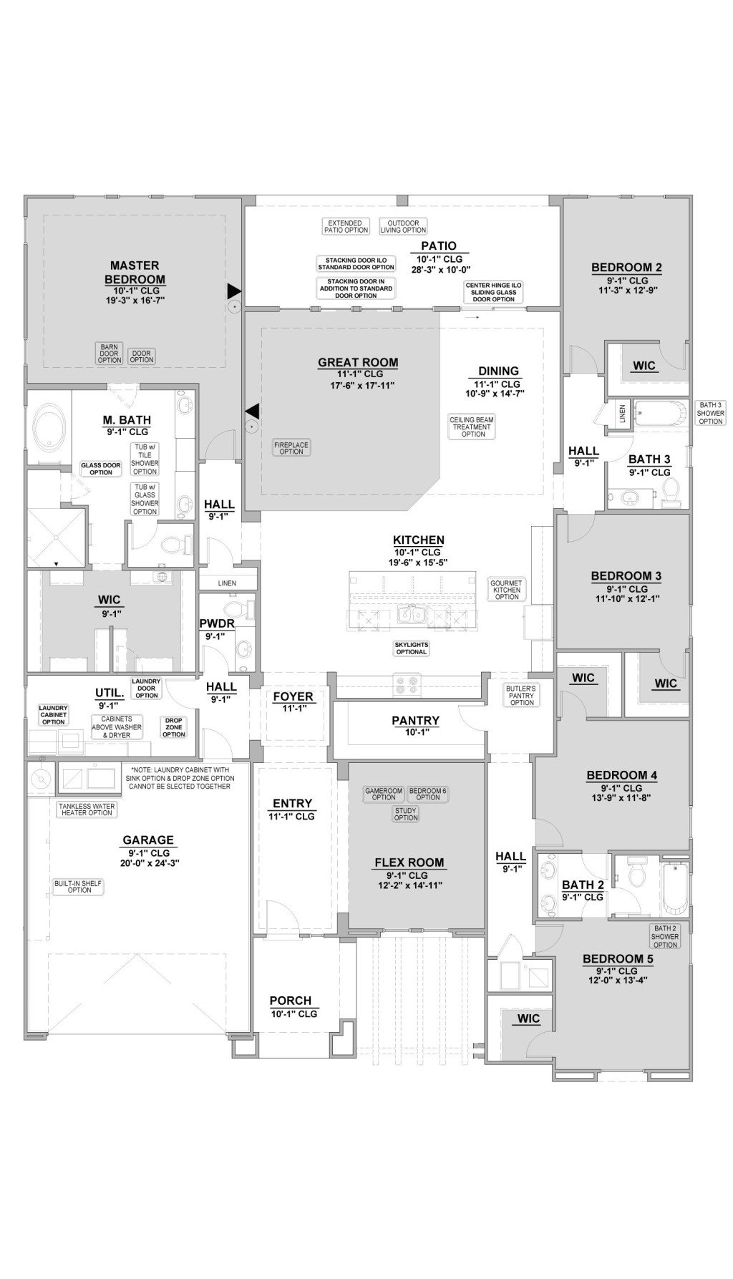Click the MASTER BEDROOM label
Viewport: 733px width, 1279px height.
pyautogui.click(x=135, y=273)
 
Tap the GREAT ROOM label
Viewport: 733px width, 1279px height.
pyautogui.click(x=358, y=363)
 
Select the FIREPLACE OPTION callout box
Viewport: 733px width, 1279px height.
pyautogui.click(x=291, y=448)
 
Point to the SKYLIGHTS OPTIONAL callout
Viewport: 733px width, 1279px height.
pyautogui.click(x=411, y=648)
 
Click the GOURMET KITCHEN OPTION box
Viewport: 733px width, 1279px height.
pyautogui.click(x=507, y=590)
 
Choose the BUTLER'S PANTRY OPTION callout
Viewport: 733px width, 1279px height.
pyautogui.click(x=522, y=695)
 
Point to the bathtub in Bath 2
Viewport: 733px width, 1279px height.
pyautogui.click(x=674, y=887)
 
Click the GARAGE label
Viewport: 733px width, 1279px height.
pyautogui.click(x=148, y=840)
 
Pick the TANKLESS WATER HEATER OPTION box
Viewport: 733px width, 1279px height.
pyautogui.click(x=87, y=809)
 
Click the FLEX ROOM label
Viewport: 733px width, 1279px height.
pyautogui.click(x=409, y=862)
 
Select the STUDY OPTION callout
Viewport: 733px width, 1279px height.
pyautogui.click(x=406, y=814)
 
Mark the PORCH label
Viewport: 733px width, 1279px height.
pyautogui.click(x=291, y=1001)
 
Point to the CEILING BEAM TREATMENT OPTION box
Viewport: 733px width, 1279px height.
pyautogui.click(x=472, y=427)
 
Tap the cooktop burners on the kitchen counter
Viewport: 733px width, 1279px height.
pyautogui.click(x=410, y=685)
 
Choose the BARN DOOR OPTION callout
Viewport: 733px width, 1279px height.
pyautogui.click(x=110, y=354)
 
